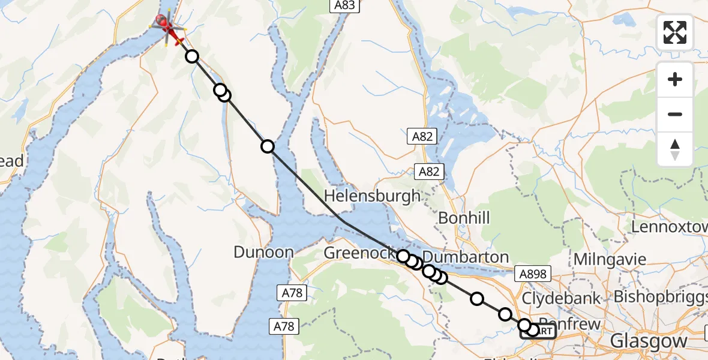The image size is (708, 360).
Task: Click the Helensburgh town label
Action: click(372, 196)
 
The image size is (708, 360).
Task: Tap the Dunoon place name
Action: click(263, 252)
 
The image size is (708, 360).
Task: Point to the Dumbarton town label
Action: click(465, 257)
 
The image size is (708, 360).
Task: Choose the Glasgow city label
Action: click(649, 341)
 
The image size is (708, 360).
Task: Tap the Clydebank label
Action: click(562, 298)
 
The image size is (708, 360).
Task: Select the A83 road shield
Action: click(344, 6)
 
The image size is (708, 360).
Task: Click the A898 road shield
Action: click(532, 274)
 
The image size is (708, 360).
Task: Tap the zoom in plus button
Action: click(675, 79)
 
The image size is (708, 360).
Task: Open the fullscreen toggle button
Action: click(675, 32)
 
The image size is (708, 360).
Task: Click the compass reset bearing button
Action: click(675, 149)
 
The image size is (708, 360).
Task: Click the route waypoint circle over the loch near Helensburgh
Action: click(268, 146)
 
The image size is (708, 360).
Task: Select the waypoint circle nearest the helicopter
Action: click(191, 56)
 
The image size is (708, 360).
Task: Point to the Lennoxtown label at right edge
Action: click(669, 227)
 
